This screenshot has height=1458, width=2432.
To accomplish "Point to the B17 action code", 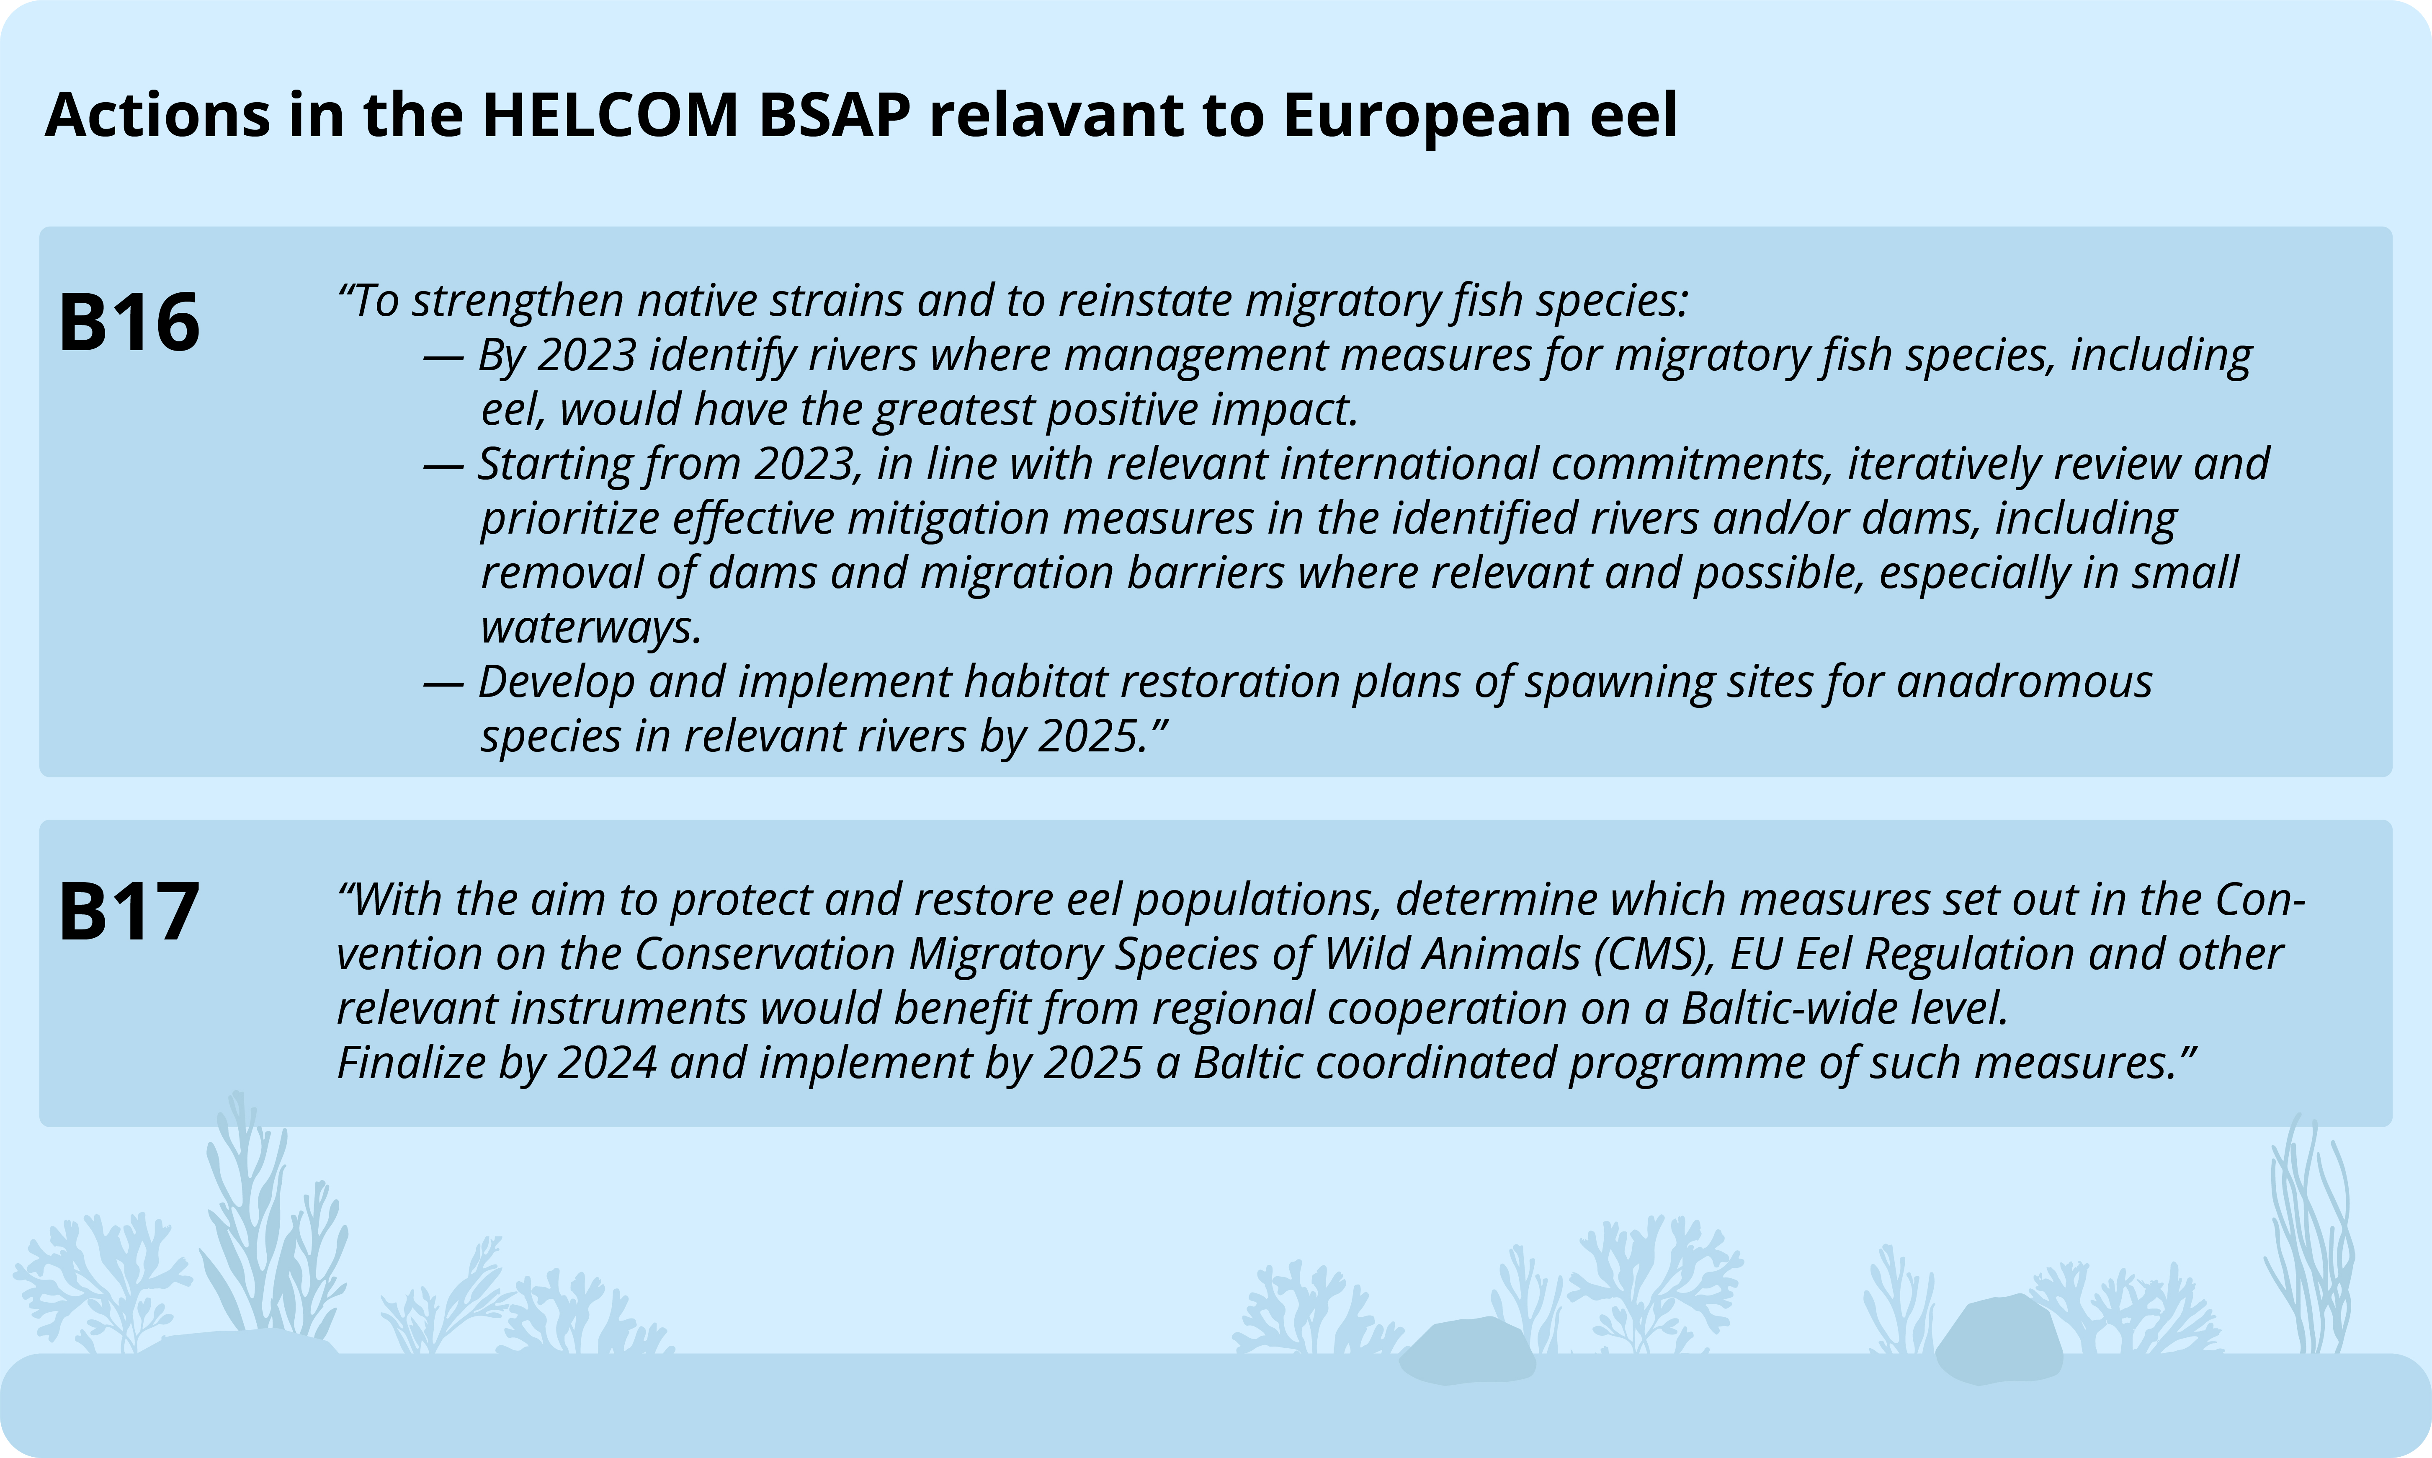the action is (129, 912).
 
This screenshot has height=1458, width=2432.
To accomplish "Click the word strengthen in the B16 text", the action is (518, 301).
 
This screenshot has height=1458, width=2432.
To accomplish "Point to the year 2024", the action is (607, 1063).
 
